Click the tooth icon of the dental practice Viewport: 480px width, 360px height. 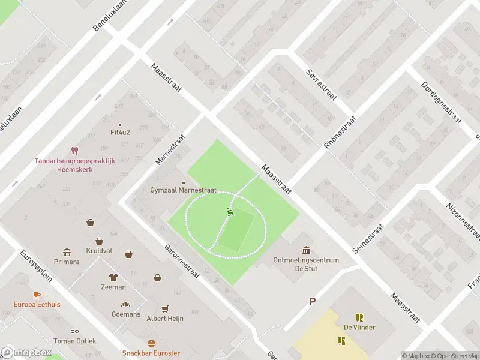tap(74, 150)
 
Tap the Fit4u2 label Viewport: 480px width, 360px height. tap(121, 133)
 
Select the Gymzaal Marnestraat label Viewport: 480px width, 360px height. tap(182, 191)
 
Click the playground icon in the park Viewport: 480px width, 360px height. tap(229, 211)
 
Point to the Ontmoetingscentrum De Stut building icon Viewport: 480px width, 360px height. tap(307, 250)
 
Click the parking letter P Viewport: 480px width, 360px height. tap(311, 302)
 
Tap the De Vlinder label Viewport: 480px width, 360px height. tap(359, 327)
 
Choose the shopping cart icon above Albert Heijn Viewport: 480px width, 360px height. tap(165, 308)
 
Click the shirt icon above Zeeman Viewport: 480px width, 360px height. tap(113, 277)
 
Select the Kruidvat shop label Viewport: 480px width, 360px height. tap(99, 250)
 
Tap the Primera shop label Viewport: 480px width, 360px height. tap(66, 262)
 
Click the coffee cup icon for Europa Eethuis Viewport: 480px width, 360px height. tap(37, 295)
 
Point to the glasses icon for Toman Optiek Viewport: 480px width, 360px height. tap(75, 331)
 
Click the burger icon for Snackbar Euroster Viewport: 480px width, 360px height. tap(151, 344)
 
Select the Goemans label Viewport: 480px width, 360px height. tap(126, 314)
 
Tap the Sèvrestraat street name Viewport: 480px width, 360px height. tap(321, 82)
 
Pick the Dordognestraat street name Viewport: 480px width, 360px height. tap(440, 103)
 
